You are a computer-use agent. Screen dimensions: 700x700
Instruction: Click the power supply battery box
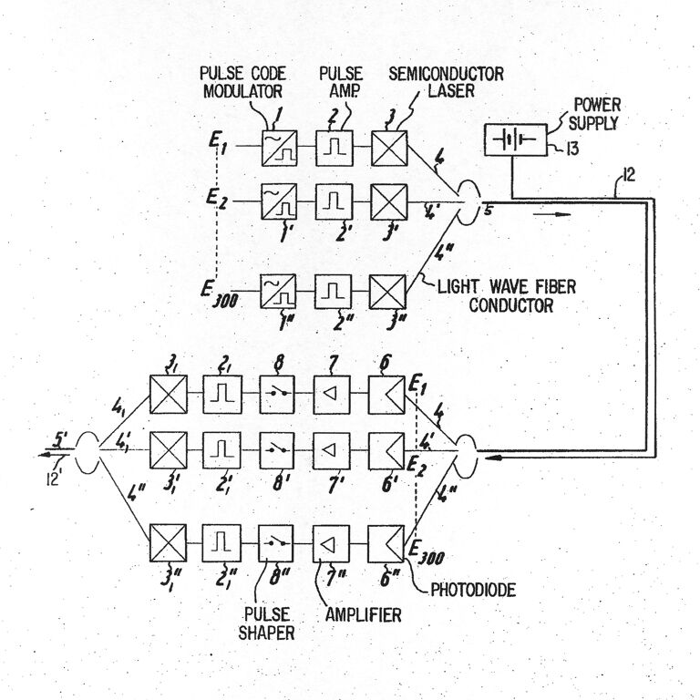tap(516, 139)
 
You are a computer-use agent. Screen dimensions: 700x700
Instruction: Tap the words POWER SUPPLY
tap(595, 114)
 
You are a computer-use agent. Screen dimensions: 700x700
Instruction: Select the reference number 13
tap(571, 149)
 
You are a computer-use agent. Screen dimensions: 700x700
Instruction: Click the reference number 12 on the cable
tap(628, 175)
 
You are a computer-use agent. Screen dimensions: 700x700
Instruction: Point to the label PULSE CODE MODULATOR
tap(242, 83)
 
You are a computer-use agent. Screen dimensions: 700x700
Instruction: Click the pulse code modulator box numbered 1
tap(279, 149)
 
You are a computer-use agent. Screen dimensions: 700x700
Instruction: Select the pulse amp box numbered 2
tap(335, 149)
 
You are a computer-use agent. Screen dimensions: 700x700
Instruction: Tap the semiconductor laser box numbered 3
tap(389, 149)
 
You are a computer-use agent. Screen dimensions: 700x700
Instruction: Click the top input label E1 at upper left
tap(219, 143)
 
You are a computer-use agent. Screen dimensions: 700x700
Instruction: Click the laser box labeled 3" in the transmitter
tap(387, 292)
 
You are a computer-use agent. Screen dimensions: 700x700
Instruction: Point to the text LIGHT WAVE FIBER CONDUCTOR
tap(507, 296)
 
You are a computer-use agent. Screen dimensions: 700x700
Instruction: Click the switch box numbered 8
tap(277, 394)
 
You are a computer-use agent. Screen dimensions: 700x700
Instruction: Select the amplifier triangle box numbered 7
tap(332, 394)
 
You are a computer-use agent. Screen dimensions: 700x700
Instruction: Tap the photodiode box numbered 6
tap(386, 395)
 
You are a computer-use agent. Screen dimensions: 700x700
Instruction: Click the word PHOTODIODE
tap(473, 590)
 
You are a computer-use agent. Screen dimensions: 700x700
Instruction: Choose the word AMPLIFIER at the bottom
tap(363, 615)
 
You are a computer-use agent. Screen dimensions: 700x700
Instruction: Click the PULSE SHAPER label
tap(266, 623)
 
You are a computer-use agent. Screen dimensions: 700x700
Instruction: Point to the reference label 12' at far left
tap(54, 479)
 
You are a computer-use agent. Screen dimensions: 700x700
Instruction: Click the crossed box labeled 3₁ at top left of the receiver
tap(169, 395)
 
